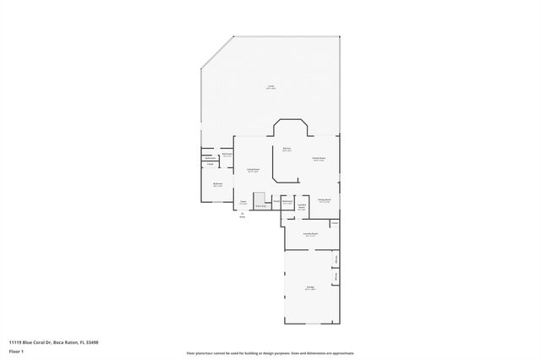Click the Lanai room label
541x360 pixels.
click(270, 87)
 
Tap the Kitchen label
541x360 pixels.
click(287, 149)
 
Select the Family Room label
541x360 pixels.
click(319, 159)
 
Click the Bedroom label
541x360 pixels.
click(217, 185)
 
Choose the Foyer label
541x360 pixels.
click(243, 202)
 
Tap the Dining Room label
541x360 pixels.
click(324, 200)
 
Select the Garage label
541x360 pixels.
click(310, 287)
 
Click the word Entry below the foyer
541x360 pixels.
click(242, 218)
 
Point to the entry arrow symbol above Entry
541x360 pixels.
click(242, 213)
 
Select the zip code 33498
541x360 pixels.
click(93, 342)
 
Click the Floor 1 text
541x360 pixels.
click(16, 350)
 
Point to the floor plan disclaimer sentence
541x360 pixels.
click(270, 353)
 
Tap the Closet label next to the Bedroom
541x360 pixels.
click(210, 164)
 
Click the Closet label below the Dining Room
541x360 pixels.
click(335, 223)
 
